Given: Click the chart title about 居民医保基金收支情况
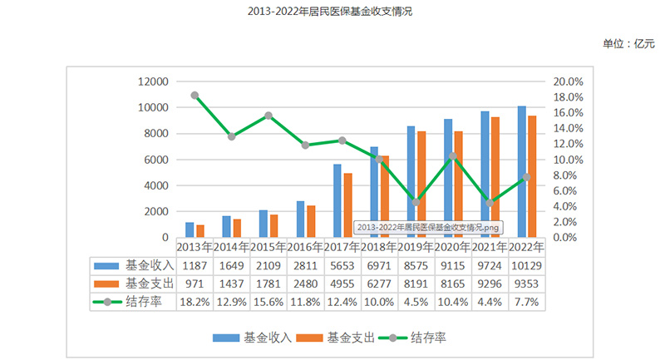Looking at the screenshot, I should [x=330, y=12].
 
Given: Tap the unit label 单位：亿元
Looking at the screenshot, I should [x=628, y=43].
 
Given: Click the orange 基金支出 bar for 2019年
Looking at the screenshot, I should [x=421, y=184].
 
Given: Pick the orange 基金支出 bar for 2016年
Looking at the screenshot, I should [x=311, y=221].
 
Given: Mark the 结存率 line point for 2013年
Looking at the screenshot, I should [x=195, y=96].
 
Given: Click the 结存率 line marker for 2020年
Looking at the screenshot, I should [x=452, y=156].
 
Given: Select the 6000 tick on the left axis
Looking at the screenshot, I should [x=155, y=160].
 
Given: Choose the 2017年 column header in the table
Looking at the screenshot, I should [x=342, y=247].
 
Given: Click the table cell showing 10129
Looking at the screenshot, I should [x=526, y=265].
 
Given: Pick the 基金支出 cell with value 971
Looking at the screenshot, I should [x=195, y=284].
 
